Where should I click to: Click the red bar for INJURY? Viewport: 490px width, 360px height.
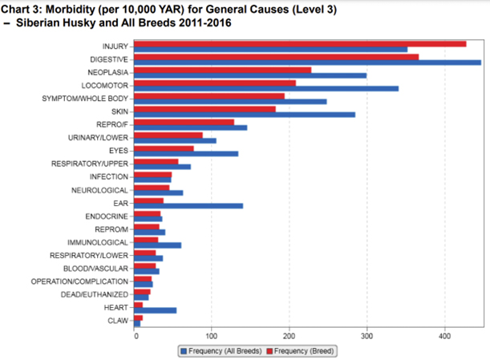coord(300,43)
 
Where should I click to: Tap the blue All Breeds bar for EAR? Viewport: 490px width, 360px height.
coord(188,206)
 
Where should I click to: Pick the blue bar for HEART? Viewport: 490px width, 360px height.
coord(156,310)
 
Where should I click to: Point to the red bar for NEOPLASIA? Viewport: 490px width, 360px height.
coord(222,70)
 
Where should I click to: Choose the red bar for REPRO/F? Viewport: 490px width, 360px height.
coord(184,122)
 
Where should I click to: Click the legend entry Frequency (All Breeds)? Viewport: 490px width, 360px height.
coord(220,351)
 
